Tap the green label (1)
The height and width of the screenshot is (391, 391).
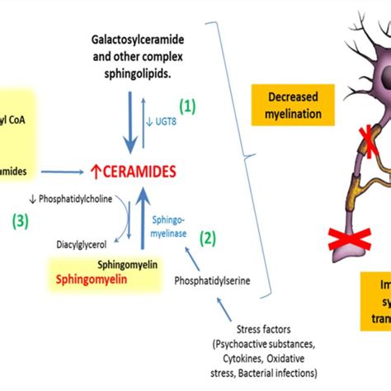click(189, 106)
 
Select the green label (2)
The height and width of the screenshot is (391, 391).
click(209, 238)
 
